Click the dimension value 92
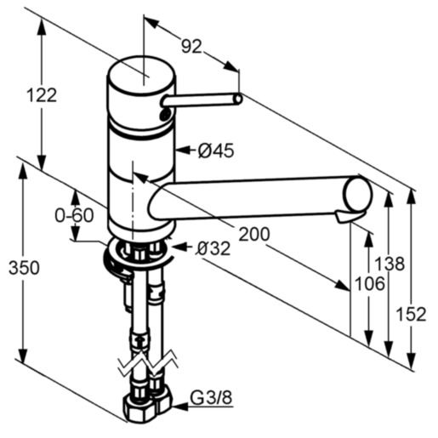coord(191,47)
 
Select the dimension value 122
coord(41,94)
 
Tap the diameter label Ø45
coord(215,151)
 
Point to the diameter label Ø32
coord(213,248)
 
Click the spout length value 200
coord(254,233)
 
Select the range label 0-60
coord(74,216)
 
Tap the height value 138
coord(390,264)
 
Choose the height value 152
coord(412,314)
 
